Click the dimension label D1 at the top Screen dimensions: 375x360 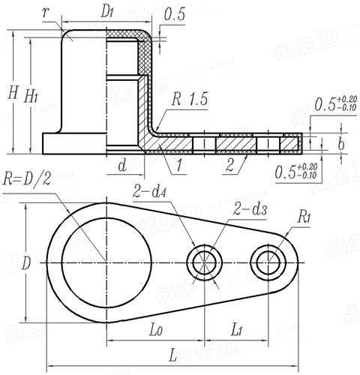click(x=108, y=11)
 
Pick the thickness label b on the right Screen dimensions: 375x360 click(x=340, y=142)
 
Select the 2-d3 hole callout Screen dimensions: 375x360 click(x=249, y=206)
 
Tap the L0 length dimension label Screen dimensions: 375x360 click(x=155, y=329)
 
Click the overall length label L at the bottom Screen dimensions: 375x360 click(x=172, y=352)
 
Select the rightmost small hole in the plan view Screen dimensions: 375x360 click(x=268, y=262)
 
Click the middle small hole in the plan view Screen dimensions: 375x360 click(x=204, y=262)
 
